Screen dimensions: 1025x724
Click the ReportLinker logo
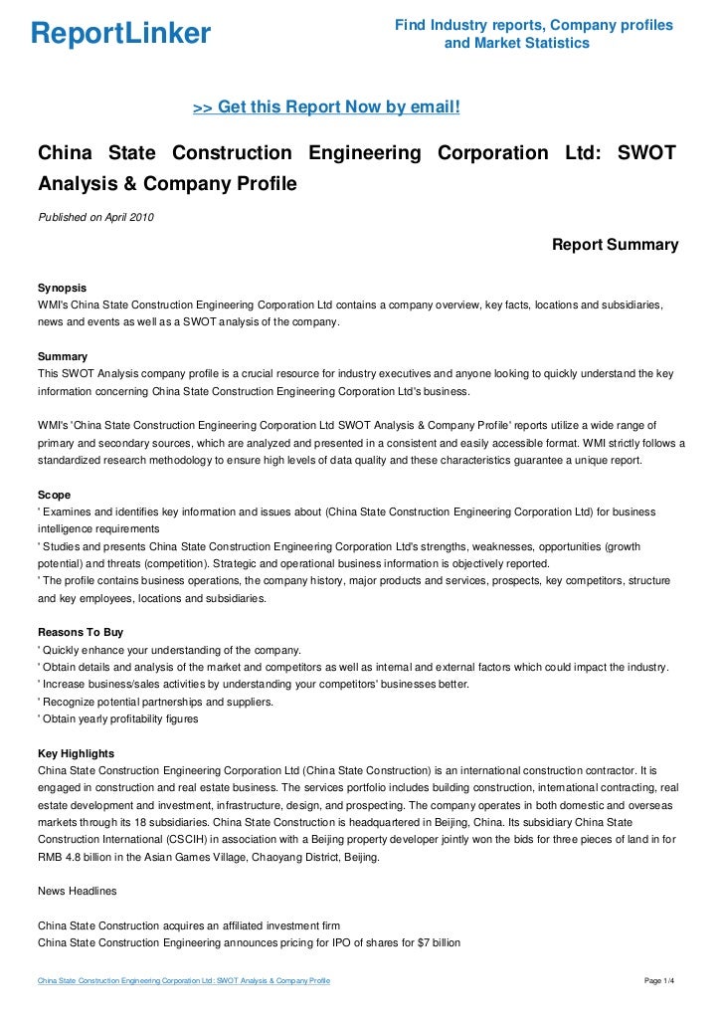(x=120, y=35)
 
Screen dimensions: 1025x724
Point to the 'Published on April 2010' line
(x=95, y=217)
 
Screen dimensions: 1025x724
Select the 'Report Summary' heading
(x=615, y=245)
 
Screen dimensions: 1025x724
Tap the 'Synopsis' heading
(x=62, y=286)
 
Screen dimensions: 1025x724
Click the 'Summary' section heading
(x=62, y=355)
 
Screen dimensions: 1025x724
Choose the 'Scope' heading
(x=54, y=494)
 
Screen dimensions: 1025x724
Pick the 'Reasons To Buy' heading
(x=81, y=632)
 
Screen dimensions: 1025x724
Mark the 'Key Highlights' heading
(x=76, y=753)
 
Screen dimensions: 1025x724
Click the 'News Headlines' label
(x=77, y=892)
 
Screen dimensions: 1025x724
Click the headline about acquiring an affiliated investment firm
(x=188, y=925)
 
